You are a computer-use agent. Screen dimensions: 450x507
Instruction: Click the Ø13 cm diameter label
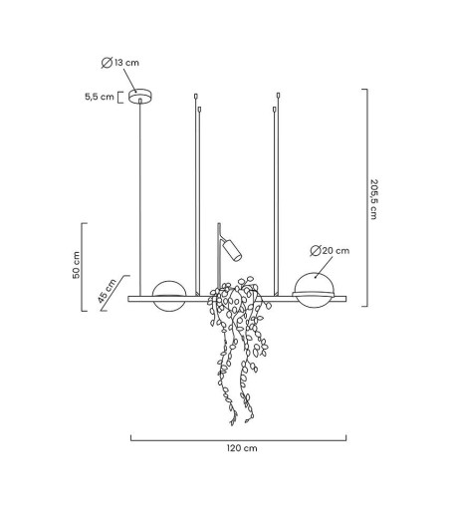[x=120, y=63]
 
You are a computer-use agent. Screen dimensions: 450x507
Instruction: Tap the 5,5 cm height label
[x=100, y=97]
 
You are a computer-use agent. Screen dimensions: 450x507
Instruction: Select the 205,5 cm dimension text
[x=374, y=199]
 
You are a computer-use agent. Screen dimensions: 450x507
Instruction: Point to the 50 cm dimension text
[x=77, y=265]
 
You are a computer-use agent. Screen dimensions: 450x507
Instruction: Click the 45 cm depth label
[x=108, y=291]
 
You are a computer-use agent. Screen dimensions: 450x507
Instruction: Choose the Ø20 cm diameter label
[x=330, y=250]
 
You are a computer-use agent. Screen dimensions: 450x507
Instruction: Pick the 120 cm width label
[x=242, y=448]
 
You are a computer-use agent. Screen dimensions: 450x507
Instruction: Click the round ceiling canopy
[x=140, y=96]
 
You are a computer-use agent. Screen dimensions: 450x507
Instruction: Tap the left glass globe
[x=169, y=296]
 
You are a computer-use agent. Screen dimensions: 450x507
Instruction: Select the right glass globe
[x=313, y=290]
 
